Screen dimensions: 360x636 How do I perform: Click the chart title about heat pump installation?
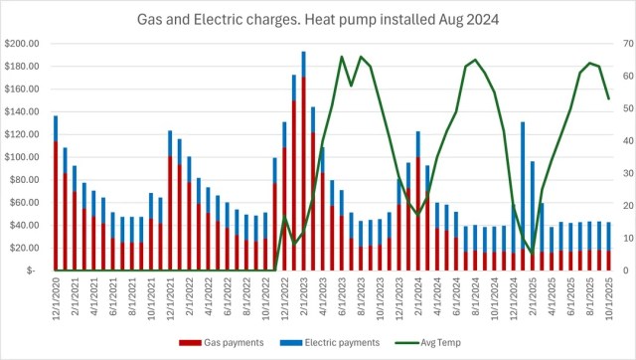(x=318, y=19)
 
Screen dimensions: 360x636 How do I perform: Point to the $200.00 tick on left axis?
(x=23, y=45)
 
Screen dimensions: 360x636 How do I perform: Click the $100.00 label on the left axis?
(x=23, y=157)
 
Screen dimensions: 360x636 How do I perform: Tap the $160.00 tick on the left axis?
(x=23, y=90)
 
